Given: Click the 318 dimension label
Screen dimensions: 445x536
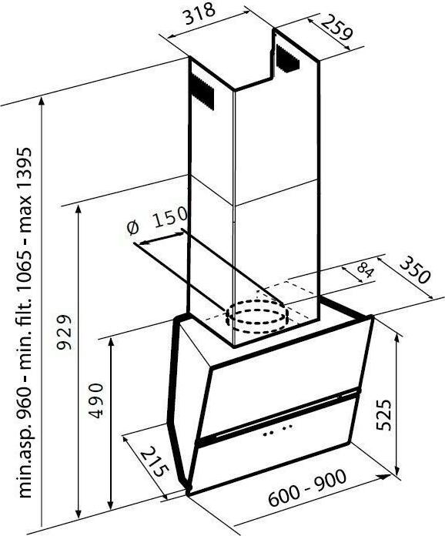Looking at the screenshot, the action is coord(200,13).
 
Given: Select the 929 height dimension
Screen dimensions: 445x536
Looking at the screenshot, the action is coord(65,332).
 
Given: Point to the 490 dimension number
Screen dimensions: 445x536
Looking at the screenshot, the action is coord(95,400).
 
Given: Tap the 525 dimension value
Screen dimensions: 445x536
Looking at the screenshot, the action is coord(383,414).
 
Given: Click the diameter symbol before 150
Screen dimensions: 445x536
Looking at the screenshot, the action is coord(132,228).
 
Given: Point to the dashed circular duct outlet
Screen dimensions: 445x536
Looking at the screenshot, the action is coord(256,317).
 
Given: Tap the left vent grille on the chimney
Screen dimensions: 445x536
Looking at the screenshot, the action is coord(202,91).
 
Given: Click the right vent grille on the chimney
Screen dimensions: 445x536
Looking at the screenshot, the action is coord(289,58).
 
